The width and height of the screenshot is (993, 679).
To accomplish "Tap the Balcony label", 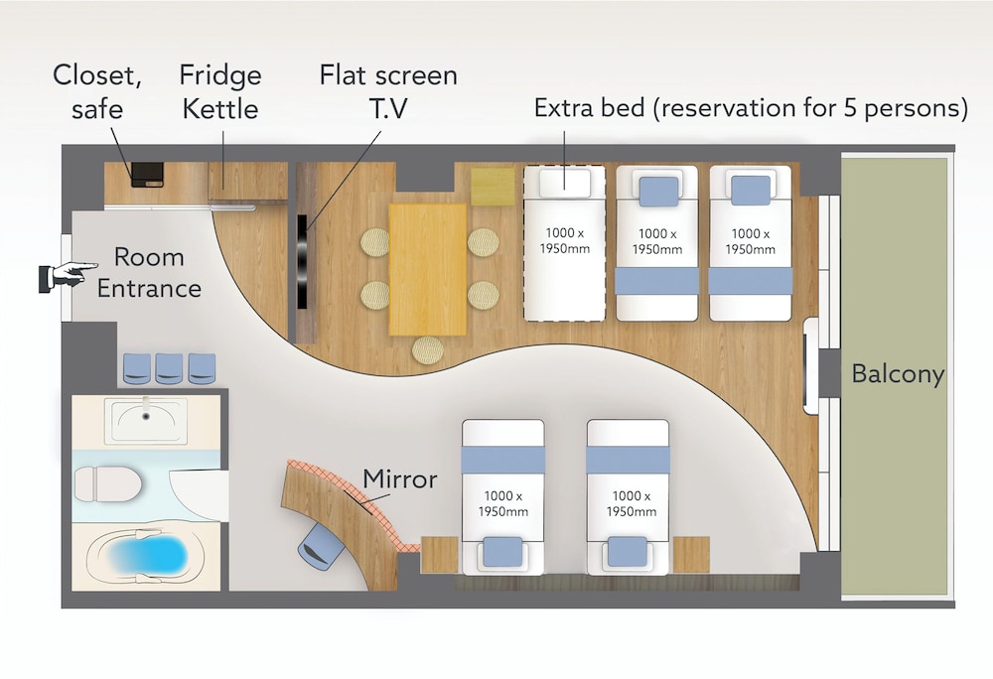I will pos(897,375).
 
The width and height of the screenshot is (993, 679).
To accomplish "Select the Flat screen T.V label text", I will pos(388,90).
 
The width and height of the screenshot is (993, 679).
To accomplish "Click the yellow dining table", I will pos(427,269).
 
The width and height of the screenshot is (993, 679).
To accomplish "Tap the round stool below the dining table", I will pos(428,349).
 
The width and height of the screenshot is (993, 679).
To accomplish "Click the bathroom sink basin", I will pos(146,419).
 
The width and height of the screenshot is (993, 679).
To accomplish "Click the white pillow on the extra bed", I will pos(564,181).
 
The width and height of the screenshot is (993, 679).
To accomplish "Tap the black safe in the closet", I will pos(147,174).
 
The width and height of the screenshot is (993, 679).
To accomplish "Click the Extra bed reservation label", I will pos(751,108).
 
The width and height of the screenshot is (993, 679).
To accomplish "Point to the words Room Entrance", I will pos(149,273).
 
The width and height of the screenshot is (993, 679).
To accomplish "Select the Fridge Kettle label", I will pos(219,91).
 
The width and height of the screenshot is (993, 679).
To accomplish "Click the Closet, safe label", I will pos(97,91).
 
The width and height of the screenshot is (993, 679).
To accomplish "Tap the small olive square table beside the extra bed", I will pos(493,187).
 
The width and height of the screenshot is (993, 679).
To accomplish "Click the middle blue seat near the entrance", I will pos(170,367).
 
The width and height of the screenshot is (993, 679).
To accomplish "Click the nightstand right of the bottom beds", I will pos(691,554).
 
